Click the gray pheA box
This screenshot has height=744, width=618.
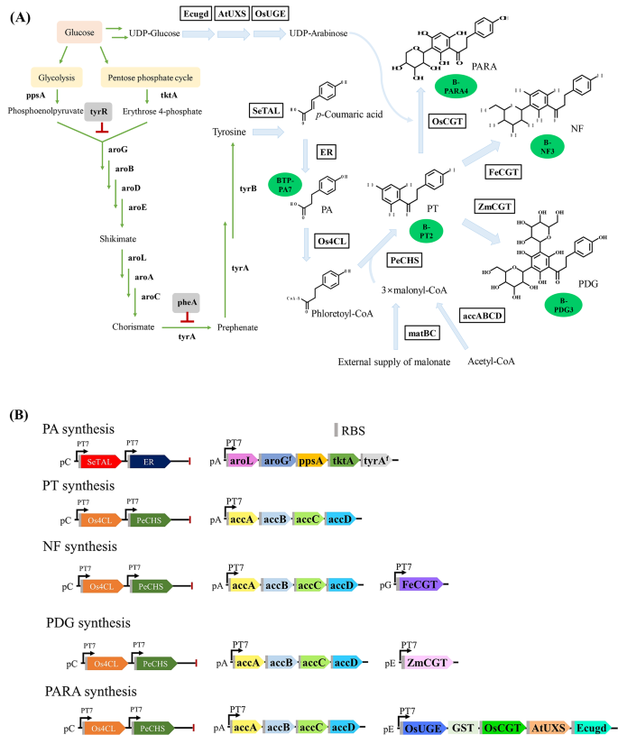(187, 304)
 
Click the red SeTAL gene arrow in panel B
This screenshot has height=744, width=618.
(98, 461)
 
